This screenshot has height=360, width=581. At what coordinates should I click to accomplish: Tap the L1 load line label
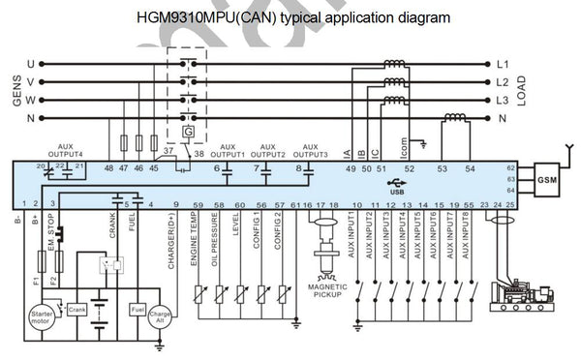502,65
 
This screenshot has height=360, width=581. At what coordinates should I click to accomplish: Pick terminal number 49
351,168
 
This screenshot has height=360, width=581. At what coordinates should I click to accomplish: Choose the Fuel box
138,308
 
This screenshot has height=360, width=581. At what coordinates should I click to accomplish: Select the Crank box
78,308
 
